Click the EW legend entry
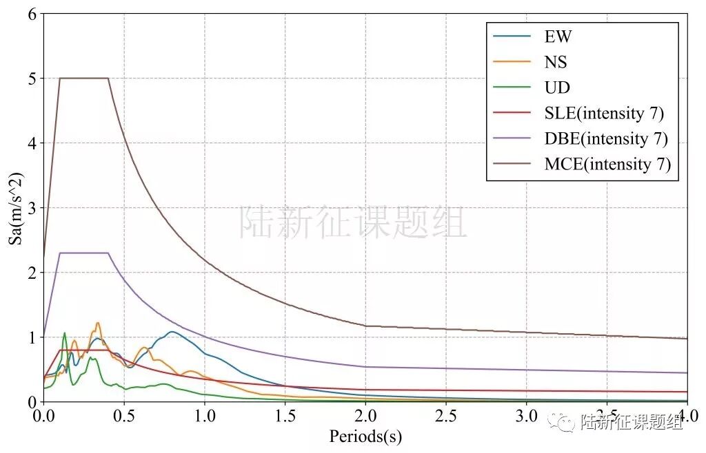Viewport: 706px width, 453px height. point(558,36)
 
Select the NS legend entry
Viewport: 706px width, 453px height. point(556,62)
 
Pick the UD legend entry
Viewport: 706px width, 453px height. point(557,87)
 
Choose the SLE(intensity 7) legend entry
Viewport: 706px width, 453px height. point(604,113)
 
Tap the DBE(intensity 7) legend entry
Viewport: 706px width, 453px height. point(606,138)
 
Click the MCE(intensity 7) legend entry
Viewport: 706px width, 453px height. point(607,164)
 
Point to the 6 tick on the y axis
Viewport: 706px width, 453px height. point(31,14)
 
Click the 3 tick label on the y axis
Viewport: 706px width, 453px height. point(31,208)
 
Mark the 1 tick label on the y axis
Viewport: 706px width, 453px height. point(31,337)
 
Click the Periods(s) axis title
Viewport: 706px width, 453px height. point(365,436)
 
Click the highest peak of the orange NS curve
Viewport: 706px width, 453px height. point(98,322)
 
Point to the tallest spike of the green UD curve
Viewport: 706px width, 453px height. point(65,333)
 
